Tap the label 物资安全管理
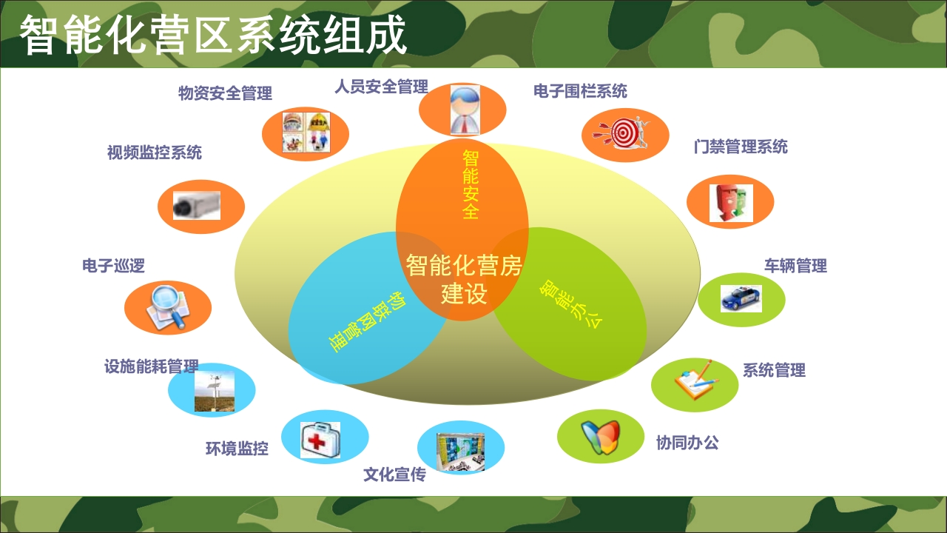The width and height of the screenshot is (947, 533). click(x=225, y=93)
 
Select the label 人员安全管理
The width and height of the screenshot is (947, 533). click(x=381, y=87)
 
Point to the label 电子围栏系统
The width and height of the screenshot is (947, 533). click(x=580, y=91)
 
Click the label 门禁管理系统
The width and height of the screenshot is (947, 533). click(x=741, y=147)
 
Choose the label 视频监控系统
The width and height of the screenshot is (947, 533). click(x=155, y=152)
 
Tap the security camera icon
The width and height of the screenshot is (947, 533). click(x=197, y=206)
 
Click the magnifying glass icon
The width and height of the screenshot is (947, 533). click(x=168, y=307)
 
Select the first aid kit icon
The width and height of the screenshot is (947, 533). click(x=320, y=440)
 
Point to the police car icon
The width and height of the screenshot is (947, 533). click(x=741, y=298)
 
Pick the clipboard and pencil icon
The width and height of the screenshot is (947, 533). click(x=696, y=380)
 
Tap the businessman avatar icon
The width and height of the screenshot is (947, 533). click(x=465, y=110)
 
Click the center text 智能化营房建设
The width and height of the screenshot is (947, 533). click(x=464, y=279)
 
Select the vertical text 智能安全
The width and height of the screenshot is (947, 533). click(x=471, y=184)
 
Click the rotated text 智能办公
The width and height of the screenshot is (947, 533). click(x=570, y=304)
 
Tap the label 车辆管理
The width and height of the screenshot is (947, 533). click(x=795, y=266)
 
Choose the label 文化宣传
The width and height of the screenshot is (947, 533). click(x=394, y=475)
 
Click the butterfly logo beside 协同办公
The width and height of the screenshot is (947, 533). click(x=600, y=437)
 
